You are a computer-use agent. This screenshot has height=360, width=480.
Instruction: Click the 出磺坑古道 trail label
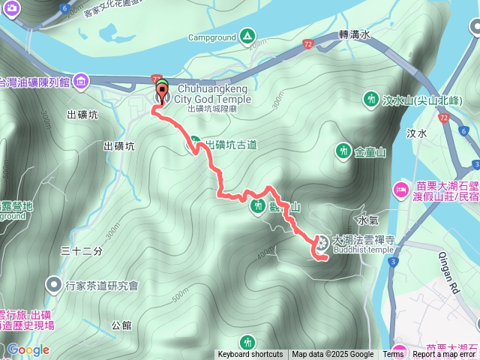tap(231, 144)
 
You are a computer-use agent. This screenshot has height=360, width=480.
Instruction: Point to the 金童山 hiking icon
tap(343, 151)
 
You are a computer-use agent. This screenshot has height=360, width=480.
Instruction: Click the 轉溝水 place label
tap(355, 34)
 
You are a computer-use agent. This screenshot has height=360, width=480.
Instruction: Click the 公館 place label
tap(121, 325)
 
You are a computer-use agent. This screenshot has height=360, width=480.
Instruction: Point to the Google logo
tap(28, 349)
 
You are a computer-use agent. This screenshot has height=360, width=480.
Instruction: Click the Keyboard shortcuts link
tap(250, 355)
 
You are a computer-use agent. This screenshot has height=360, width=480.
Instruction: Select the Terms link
tap(393, 355)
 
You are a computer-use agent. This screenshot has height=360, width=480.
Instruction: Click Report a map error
tap(445, 355)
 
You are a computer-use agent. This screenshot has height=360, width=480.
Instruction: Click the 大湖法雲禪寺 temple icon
tap(321, 241)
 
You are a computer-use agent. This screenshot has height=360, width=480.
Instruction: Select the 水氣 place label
tap(368, 221)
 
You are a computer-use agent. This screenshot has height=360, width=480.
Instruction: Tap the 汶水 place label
tap(416, 133)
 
